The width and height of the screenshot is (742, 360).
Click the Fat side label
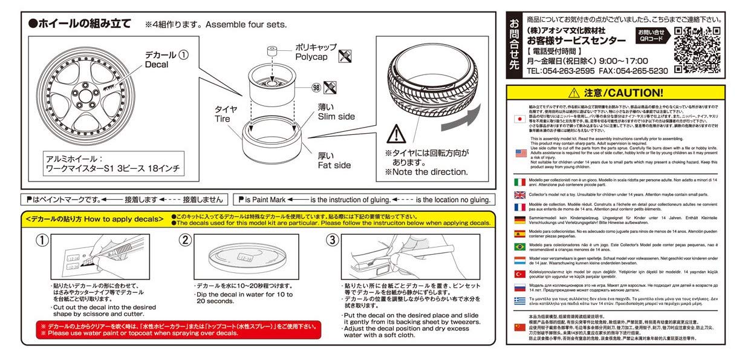[x=334, y=165]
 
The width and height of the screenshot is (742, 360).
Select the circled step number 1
[x=41, y=240]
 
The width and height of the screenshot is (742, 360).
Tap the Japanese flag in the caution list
[x=519, y=119]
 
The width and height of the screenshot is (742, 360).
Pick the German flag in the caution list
[x=519, y=220]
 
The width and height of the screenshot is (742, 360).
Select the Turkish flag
[x=519, y=274]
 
